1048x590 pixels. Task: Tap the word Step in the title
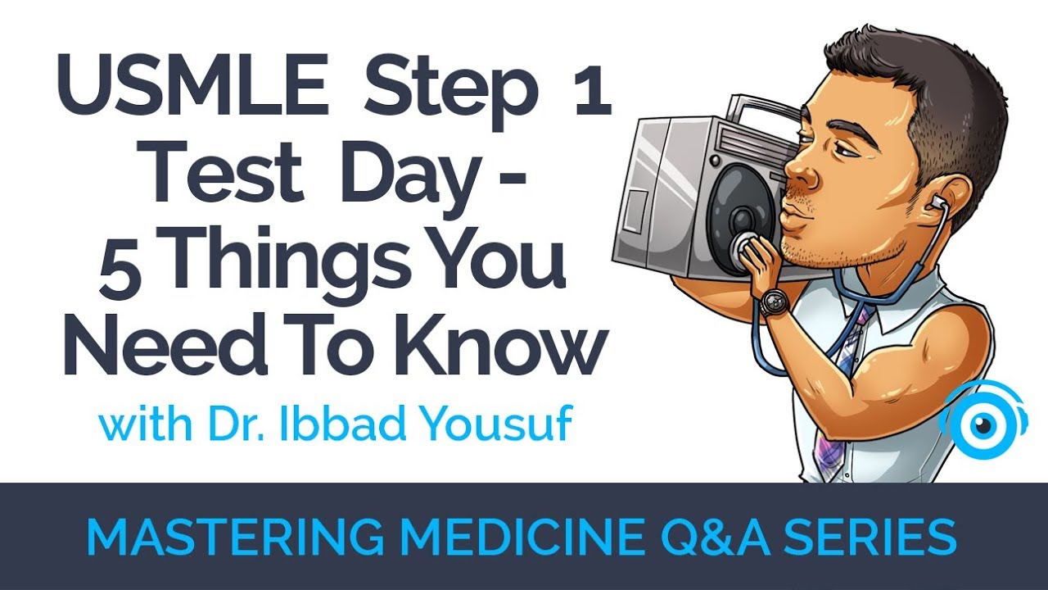tap(449, 92)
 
